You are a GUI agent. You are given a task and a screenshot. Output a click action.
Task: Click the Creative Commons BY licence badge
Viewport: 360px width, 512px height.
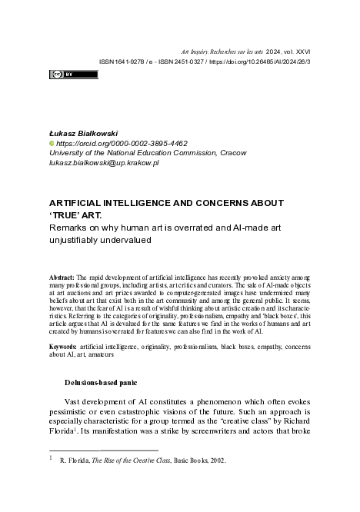point(74,75)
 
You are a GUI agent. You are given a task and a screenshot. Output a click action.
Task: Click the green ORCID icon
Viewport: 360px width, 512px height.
point(52,143)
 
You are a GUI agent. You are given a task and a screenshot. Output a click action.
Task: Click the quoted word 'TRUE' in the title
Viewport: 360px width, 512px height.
point(68,215)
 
